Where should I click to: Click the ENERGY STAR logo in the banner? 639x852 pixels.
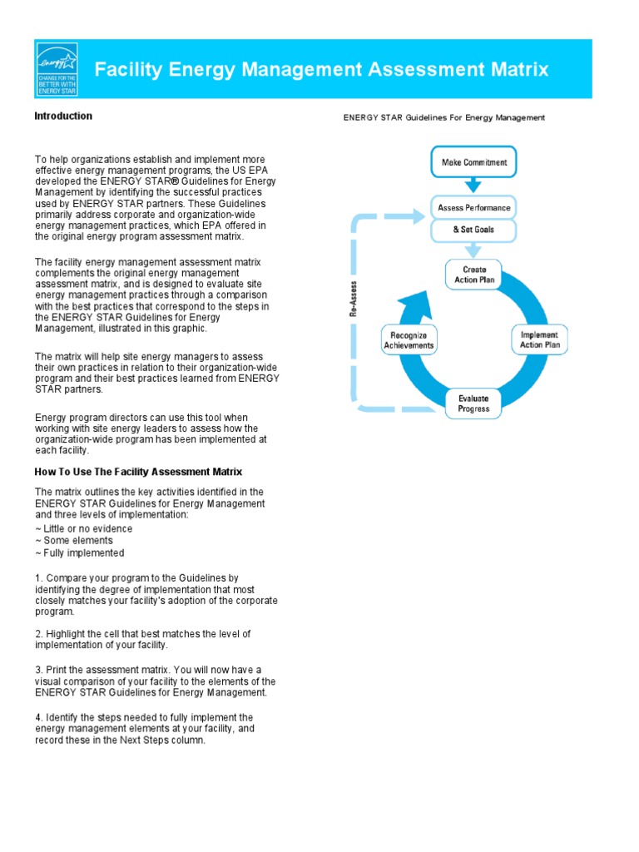(57, 68)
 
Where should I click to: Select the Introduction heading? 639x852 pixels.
(63, 116)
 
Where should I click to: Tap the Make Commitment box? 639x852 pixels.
(473, 162)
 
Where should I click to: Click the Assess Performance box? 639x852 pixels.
(474, 206)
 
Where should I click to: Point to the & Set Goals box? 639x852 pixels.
(474, 230)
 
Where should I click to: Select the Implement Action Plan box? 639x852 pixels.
(539, 340)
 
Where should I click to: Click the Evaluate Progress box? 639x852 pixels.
(473, 404)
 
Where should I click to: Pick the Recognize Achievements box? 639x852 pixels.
(409, 340)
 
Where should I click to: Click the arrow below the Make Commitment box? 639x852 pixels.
(473, 186)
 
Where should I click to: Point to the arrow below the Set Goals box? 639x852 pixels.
(473, 250)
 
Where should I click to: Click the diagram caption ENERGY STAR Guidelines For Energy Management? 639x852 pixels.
(444, 118)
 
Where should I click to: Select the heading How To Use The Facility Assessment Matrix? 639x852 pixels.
(138, 472)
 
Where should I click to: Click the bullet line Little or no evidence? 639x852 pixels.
(83, 528)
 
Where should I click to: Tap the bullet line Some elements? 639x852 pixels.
(74, 541)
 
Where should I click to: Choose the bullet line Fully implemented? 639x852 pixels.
(80, 553)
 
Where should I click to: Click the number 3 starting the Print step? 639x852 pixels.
(38, 670)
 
